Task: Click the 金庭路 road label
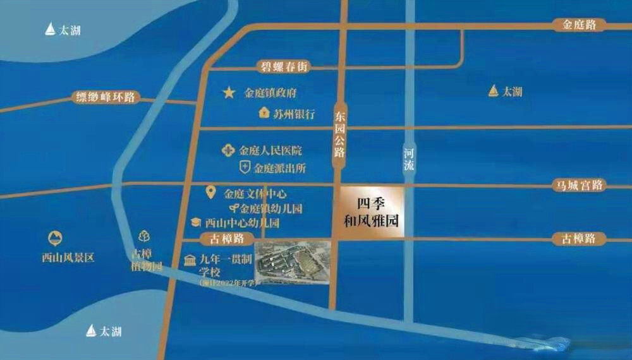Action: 580,25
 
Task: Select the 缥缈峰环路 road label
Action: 105,97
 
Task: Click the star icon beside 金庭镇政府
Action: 228,93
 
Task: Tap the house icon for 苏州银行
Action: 264,114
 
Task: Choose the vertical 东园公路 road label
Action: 340,133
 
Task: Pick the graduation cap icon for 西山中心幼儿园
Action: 196,223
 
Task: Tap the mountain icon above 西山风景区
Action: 55,239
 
